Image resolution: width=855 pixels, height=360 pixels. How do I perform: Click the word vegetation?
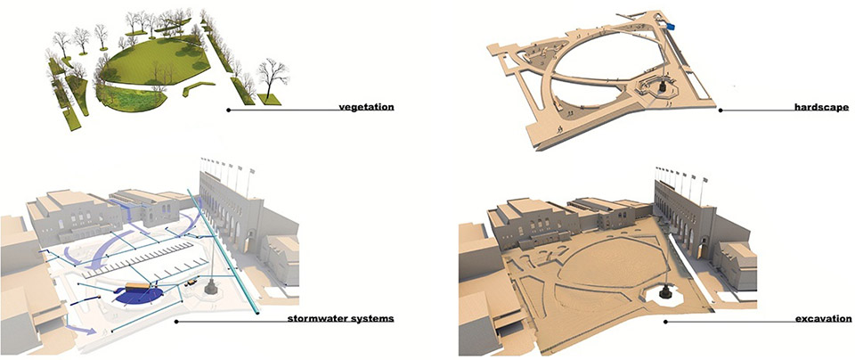[366, 109]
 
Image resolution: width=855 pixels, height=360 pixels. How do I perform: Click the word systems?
[373, 318]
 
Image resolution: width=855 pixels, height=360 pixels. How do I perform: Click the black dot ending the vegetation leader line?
[229, 110]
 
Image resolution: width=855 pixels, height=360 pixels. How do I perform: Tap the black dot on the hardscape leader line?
[720, 110]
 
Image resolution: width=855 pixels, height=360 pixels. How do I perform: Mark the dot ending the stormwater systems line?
[176, 321]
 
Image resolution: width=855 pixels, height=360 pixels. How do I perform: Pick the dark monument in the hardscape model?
[663, 90]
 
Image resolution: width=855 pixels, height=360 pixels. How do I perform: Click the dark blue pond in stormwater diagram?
[142, 295]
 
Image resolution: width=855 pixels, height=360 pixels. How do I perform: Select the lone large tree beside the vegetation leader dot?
[269, 77]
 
